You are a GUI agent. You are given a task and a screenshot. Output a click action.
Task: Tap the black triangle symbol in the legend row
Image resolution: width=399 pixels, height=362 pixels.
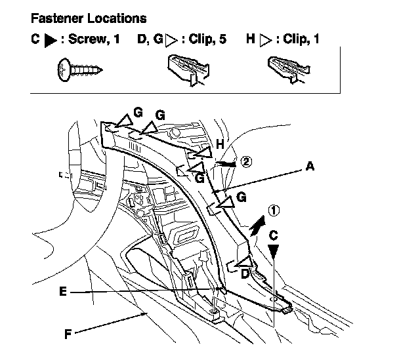tap(51, 40)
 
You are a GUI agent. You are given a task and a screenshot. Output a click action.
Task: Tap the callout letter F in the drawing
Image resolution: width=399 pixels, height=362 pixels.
tap(68, 333)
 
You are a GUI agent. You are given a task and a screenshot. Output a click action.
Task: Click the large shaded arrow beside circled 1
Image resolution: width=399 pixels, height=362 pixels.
tap(257, 227)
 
